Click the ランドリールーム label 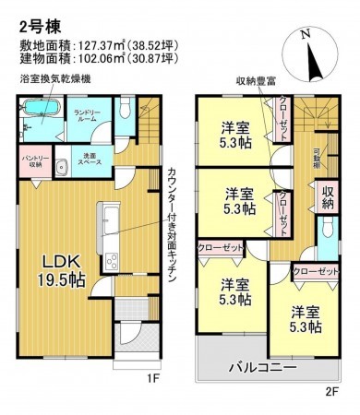pos(86,118)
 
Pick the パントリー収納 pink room pos(33,166)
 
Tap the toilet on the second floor pos(326,229)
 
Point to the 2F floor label pos(331,389)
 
